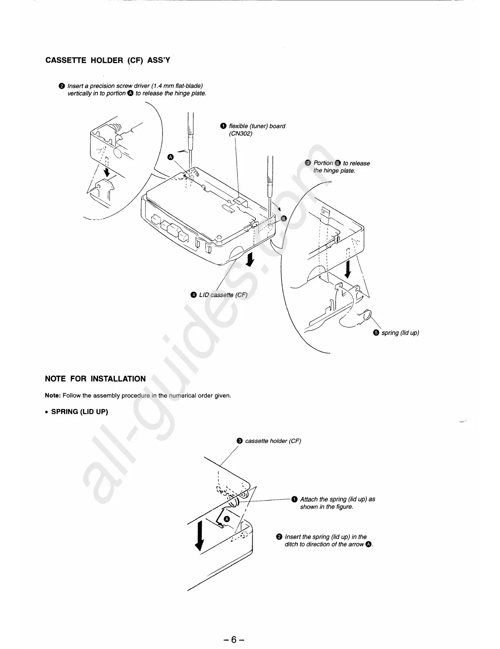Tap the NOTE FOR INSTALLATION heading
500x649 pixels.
(x=95, y=379)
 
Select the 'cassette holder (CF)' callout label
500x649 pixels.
(x=273, y=441)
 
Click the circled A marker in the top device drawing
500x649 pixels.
(x=171, y=157)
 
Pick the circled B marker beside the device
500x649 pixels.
(x=283, y=218)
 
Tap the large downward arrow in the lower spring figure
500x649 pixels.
(x=199, y=535)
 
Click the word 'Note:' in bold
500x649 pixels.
(x=53, y=395)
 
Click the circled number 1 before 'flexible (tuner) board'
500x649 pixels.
(x=223, y=126)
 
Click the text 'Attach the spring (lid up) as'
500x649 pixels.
(x=337, y=499)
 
